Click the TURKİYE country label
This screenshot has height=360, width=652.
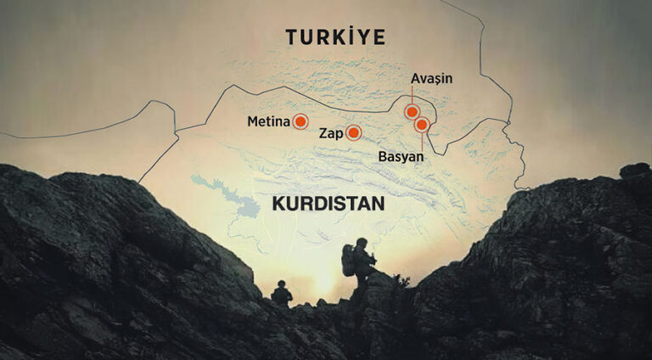click(x=335, y=37)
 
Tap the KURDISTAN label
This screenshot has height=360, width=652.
click(x=328, y=204)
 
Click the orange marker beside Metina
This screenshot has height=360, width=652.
click(x=300, y=122)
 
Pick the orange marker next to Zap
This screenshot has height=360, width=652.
click(x=353, y=132)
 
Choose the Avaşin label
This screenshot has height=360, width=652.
click(x=431, y=79)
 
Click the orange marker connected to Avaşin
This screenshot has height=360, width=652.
click(x=412, y=111)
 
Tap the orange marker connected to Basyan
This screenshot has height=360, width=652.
click(x=422, y=125)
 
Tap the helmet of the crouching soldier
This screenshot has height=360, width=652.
click(x=281, y=284)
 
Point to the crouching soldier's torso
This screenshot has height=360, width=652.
click(x=281, y=295)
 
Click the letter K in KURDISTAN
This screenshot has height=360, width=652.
click(x=278, y=204)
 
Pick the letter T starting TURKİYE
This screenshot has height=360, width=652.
click(x=292, y=37)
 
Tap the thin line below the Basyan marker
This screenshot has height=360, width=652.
click(x=422, y=143)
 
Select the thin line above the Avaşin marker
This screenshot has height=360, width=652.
click(x=412, y=95)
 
